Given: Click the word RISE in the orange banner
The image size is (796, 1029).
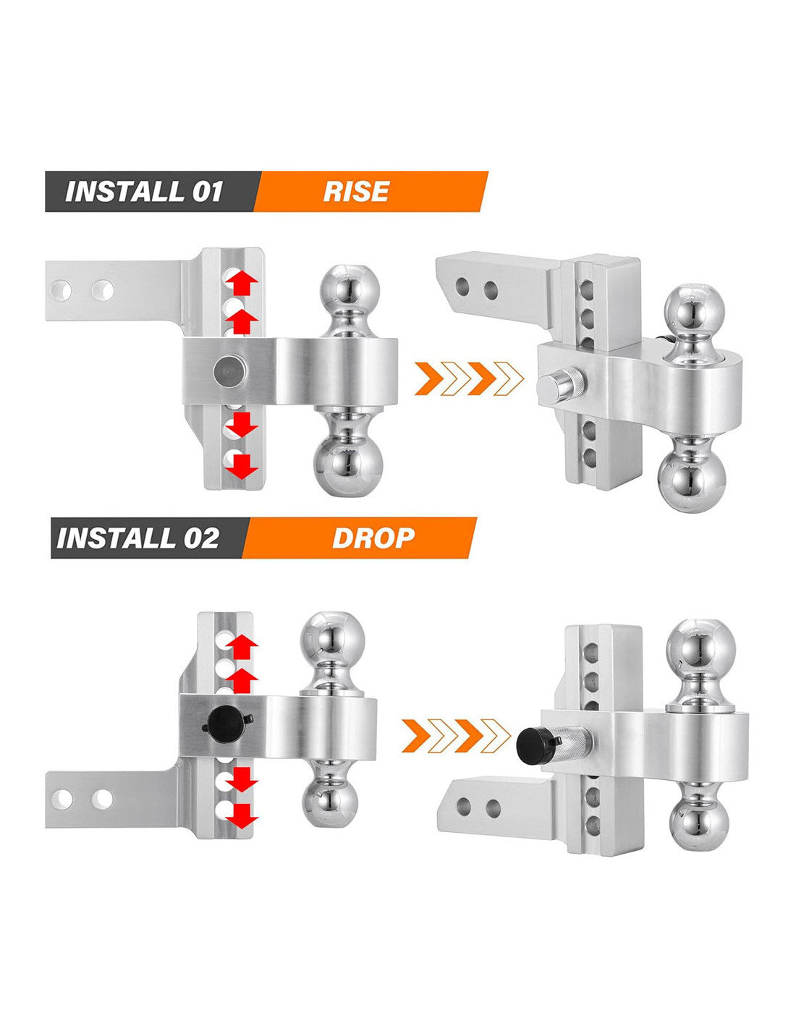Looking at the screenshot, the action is click(355, 192).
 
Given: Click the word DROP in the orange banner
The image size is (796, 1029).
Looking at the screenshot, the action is click(373, 538).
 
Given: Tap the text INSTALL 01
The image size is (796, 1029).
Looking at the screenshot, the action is click(144, 192).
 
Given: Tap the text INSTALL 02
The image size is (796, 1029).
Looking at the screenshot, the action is click(137, 538).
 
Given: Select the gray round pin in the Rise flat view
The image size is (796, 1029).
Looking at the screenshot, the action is click(230, 370).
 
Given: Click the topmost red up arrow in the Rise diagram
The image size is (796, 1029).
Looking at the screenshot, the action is click(241, 281).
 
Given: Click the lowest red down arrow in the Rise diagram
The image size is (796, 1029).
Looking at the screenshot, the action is click(241, 466).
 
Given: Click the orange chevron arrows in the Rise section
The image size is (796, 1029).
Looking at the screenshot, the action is click(469, 378).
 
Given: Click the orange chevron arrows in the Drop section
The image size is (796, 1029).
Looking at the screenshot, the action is click(456, 736).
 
